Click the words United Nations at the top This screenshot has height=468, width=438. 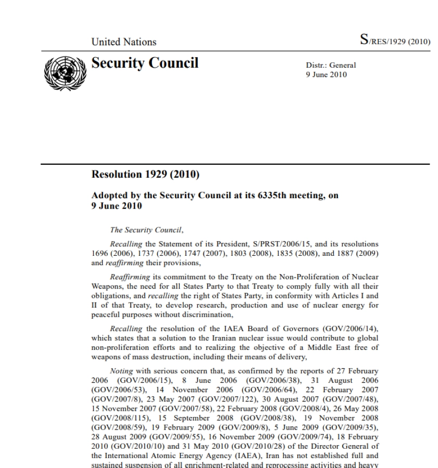123,42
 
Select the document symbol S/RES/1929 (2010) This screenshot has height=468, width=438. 395,41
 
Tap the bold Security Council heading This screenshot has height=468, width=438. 145,63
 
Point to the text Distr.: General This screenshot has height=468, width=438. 331,66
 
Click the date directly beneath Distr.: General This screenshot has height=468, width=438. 326,74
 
